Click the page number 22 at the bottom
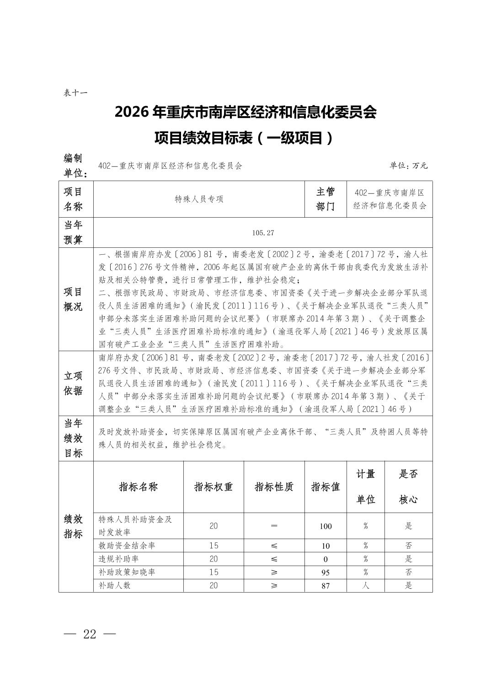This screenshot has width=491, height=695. (90, 634)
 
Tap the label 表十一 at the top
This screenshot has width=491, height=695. (75, 93)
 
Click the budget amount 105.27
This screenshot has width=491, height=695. (263, 233)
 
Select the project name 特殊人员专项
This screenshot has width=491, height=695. (199, 199)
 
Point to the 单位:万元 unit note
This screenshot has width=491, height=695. (408, 166)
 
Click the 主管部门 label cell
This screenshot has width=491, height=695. (326, 199)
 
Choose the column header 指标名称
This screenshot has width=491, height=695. (138, 486)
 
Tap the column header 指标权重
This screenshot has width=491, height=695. (213, 486)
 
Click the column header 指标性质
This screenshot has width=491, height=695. (274, 486)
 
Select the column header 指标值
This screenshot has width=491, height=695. (326, 486)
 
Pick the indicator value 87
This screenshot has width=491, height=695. (326, 586)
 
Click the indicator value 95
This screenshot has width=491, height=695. (326, 572)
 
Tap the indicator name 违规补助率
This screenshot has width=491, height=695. (119, 559)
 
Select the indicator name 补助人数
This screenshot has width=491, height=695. (115, 585)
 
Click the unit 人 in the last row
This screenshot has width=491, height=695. (366, 585)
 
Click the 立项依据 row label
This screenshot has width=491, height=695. (73, 383)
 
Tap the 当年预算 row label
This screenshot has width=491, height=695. (73, 233)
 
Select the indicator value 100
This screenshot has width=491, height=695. (326, 526)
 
